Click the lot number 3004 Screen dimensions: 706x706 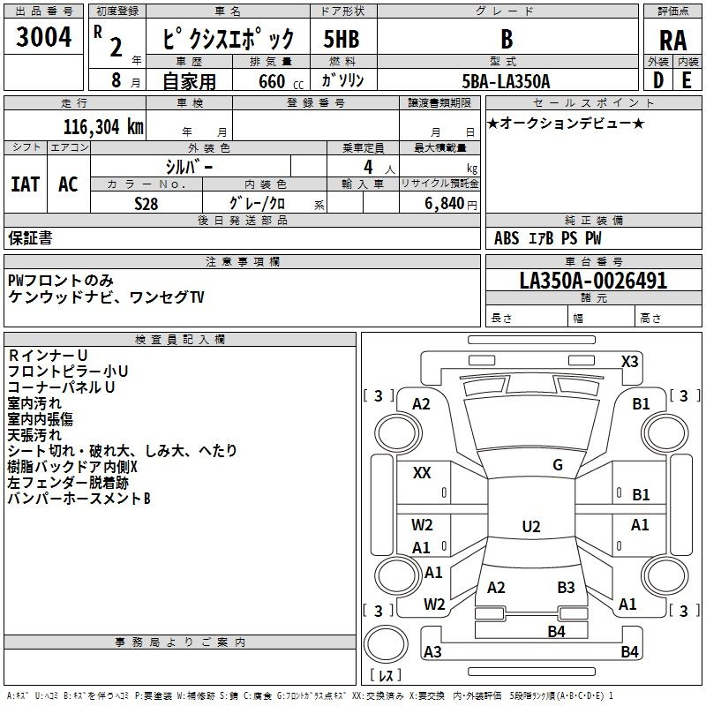43,36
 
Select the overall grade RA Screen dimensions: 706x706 672,41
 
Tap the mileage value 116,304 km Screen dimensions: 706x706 103,127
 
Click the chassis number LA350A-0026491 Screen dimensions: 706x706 593,281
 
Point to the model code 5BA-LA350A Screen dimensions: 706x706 506,81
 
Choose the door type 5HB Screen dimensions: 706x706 342,39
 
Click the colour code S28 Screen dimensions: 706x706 146,204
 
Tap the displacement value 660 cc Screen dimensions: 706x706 281,81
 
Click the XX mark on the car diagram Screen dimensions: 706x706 422,473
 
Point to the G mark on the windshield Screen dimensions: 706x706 558,465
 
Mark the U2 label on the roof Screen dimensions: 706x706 531,526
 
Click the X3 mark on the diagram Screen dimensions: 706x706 629,362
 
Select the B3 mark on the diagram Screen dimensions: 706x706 566,587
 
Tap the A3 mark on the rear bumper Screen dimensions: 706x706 432,651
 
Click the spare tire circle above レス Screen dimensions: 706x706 386,644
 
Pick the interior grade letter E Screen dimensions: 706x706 687,80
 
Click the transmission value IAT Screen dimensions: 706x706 25,184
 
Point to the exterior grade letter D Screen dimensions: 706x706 657,80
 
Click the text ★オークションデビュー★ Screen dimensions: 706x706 566,123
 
